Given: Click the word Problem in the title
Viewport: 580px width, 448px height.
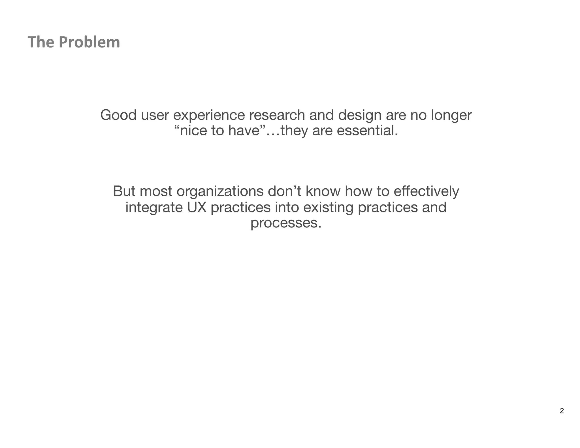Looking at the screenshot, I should point(89,42).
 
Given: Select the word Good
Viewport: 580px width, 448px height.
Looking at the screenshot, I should point(118,115).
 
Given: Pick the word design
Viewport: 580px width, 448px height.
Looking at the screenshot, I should point(360,116).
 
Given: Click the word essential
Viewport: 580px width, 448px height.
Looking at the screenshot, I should point(367,131).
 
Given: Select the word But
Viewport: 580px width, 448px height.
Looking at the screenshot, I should point(124,191).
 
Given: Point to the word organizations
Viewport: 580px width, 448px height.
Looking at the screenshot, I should point(220,192).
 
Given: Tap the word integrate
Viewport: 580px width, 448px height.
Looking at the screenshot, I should point(154,208).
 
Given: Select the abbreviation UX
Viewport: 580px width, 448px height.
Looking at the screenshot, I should point(197,207).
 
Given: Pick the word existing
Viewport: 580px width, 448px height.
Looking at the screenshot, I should point(328,208).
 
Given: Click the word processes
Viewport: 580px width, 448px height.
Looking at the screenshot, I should point(286,223).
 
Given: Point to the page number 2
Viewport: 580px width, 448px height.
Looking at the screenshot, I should point(562,411).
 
